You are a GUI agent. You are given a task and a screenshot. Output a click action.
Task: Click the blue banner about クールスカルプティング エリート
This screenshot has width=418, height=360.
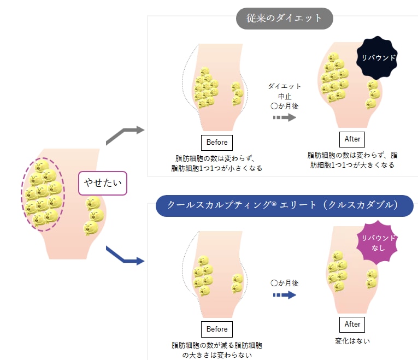tap(284, 205)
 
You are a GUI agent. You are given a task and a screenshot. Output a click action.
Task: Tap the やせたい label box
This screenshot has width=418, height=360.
tap(103, 183)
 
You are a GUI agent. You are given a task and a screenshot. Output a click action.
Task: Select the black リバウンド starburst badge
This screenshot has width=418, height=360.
tap(377, 57)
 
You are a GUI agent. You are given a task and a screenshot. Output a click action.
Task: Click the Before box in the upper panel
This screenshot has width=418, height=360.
tap(217, 143)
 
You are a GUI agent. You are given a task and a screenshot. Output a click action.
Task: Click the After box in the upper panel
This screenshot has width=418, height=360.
tap(352, 139)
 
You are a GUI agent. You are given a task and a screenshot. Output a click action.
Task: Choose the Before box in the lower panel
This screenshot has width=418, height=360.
tap(217, 329)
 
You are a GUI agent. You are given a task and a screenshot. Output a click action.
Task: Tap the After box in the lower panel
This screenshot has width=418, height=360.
tap(352, 324)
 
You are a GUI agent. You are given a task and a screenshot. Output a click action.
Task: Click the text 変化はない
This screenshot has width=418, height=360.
tap(352, 341)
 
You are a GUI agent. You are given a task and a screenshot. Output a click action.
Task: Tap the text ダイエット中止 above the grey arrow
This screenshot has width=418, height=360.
tap(284, 91)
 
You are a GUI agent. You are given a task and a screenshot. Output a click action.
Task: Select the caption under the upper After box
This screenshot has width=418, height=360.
tap(352, 160)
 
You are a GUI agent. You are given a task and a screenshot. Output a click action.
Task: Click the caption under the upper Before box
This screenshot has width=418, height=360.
tap(217, 163)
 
